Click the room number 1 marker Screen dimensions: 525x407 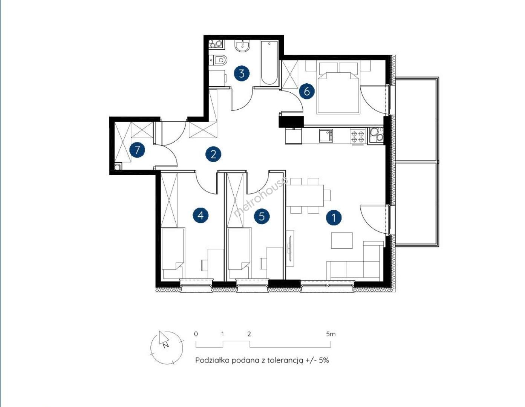(334, 217)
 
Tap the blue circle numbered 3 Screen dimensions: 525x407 (242, 73)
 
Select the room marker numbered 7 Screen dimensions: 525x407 (137, 150)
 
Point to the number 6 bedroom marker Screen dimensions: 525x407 (306, 92)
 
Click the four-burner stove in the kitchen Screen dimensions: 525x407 (358, 136)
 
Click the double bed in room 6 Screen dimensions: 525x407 (338, 88)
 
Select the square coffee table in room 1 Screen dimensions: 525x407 (341, 240)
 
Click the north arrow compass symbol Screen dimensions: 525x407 (166, 347)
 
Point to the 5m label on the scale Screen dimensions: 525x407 (331, 334)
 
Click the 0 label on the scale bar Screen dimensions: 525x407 (196, 334)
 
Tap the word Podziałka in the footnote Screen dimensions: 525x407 (212, 360)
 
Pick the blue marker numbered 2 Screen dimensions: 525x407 (213, 154)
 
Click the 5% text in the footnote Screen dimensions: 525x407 (324, 360)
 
